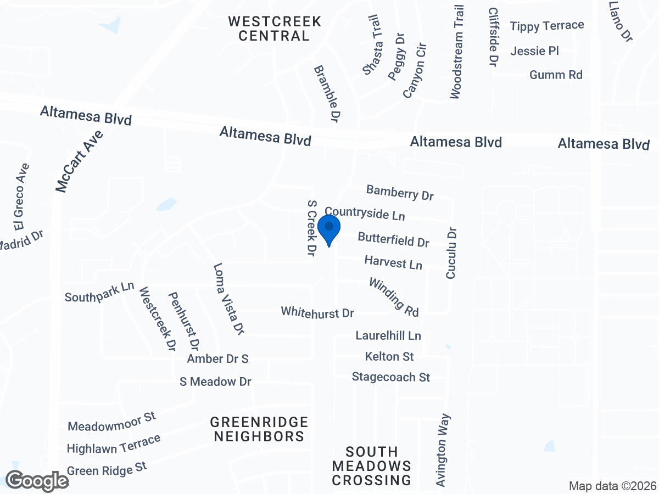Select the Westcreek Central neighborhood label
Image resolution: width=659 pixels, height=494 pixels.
click(275, 29)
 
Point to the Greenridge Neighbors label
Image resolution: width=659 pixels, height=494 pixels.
click(259, 429)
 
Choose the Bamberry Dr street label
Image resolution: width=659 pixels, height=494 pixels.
click(400, 192)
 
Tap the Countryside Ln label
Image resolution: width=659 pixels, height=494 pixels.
click(365, 214)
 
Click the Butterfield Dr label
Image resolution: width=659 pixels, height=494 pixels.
click(393, 239)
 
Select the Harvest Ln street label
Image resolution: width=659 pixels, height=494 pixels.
click(393, 262)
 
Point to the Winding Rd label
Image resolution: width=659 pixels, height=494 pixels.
click(394, 297)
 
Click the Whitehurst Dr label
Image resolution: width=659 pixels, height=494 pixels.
click(317, 313)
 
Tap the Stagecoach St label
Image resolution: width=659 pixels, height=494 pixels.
click(391, 377)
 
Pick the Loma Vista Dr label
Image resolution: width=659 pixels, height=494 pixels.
click(228, 299)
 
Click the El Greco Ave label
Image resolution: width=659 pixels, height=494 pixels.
click(21, 196)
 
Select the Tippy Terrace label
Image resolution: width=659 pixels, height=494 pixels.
click(547, 26)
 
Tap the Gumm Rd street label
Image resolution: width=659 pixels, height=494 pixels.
click(556, 75)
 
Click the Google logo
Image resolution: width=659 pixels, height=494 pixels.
click(37, 481)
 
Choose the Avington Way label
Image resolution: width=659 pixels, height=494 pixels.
click(444, 450)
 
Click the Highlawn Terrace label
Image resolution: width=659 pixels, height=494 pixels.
click(114, 444)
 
